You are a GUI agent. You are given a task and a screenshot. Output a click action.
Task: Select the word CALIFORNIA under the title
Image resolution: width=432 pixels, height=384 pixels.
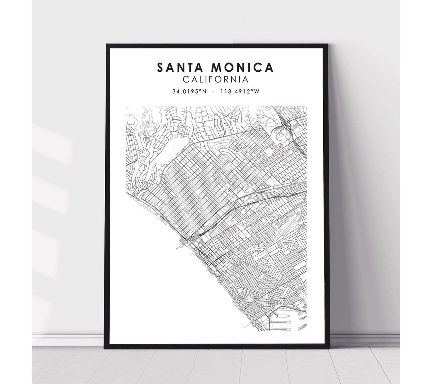216,80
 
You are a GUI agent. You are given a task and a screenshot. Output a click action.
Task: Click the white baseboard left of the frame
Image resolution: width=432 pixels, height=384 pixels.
68,340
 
